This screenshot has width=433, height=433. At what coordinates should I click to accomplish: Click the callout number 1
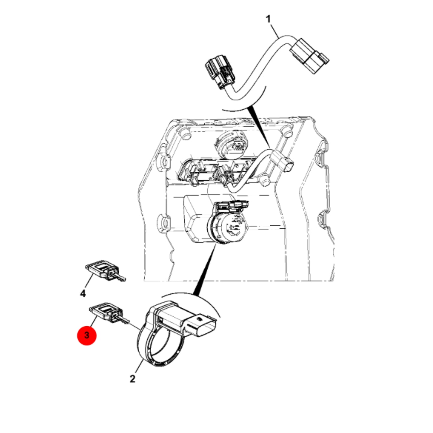268,19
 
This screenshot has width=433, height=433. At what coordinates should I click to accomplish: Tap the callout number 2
132,379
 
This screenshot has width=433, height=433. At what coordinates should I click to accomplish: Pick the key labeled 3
109,314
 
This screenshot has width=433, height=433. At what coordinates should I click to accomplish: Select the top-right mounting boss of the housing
288,132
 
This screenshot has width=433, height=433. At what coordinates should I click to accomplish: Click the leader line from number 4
89,282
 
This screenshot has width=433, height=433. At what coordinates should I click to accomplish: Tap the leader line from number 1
274,31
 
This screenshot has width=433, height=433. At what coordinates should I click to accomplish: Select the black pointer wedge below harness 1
258,126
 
